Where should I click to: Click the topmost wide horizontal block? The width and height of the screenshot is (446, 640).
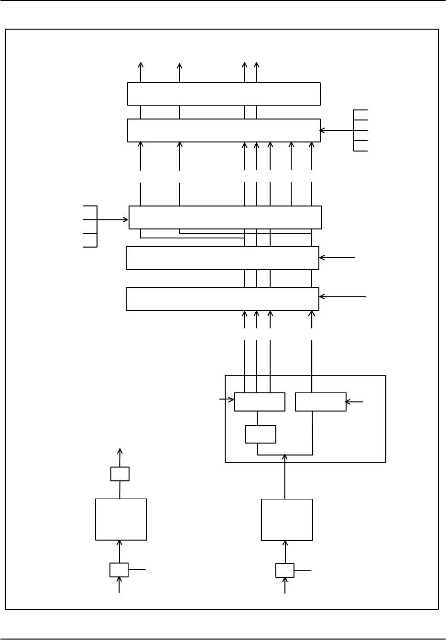[x=223, y=94]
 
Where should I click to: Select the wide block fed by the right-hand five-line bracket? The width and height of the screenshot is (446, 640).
[x=223, y=130]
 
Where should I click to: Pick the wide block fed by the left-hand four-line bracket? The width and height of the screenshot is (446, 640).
[x=225, y=217]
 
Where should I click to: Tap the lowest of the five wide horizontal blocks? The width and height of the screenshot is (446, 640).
[x=222, y=299]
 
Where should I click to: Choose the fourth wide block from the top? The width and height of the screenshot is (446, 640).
[x=222, y=258]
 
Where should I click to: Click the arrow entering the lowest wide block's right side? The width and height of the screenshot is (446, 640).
[x=342, y=297]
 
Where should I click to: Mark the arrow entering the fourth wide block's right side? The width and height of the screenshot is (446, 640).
[x=337, y=258]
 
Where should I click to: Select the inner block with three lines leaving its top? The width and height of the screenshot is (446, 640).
[x=260, y=402]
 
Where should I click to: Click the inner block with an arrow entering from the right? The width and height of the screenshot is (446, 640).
[x=321, y=402]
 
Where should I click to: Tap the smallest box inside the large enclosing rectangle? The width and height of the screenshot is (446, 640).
[x=261, y=434]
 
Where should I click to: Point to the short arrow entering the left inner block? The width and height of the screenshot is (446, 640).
[x=227, y=399]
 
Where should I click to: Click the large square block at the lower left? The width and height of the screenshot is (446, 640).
[x=121, y=519]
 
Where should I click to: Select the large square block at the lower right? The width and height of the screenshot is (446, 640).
[x=287, y=520]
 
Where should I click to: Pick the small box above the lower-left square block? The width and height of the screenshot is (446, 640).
[x=120, y=474]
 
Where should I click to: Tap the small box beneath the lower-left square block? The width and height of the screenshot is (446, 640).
[x=119, y=570]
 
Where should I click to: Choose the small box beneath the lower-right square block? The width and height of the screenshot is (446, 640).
[x=285, y=570]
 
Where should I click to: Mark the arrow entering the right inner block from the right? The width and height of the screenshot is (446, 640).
[x=354, y=402]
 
